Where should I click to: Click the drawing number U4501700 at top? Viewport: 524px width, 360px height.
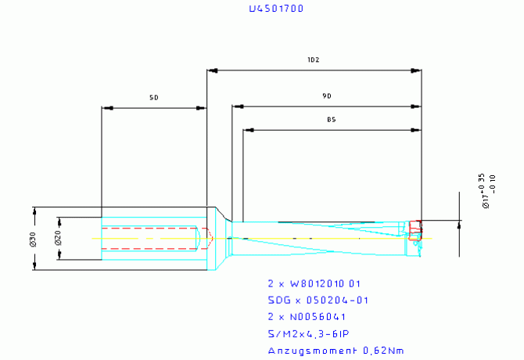pyautogui.click(x=275, y=9)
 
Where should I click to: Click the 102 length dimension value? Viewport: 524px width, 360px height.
pyautogui.click(x=314, y=60)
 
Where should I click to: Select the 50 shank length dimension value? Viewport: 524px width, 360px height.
pyautogui.click(x=154, y=98)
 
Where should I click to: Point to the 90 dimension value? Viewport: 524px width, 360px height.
pyautogui.click(x=327, y=95)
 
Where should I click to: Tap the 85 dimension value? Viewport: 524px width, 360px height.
pyautogui.click(x=332, y=120)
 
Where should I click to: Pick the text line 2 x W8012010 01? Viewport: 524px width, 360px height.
pyautogui.click(x=314, y=283)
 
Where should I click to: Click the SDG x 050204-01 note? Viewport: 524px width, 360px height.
pyautogui.click(x=318, y=301)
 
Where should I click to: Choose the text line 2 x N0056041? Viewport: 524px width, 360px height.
pyautogui.click(x=307, y=317)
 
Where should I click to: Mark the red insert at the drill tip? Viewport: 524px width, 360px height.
pyautogui.click(x=416, y=226)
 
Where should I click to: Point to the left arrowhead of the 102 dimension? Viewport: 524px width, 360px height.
pyautogui.click(x=211, y=71)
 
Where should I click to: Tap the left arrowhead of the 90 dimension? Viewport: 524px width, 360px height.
pyautogui.click(x=236, y=106)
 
